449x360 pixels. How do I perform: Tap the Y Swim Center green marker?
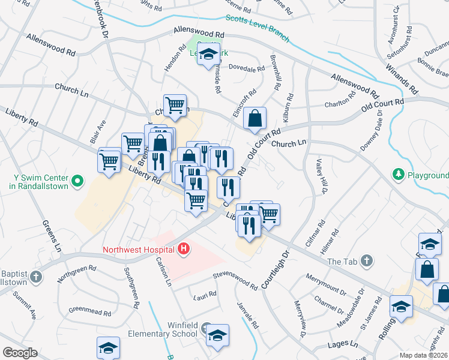click(x=77, y=180)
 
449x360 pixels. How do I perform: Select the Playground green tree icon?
click(x=397, y=175)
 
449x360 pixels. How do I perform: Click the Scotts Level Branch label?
click(x=258, y=29)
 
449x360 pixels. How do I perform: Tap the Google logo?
click(x=20, y=353)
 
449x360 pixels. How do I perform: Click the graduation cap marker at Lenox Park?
click(x=208, y=55)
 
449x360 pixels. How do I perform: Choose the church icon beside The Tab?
click(x=366, y=262)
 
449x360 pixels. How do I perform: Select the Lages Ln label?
click(x=343, y=345)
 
